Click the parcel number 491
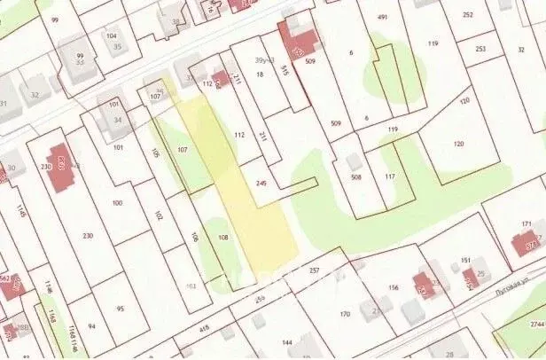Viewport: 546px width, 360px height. pos(383,18)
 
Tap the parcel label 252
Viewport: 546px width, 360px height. pos(468,15)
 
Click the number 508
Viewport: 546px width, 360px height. pos(356,177)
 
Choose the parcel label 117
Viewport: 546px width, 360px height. pos(390,176)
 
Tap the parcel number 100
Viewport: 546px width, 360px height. pos(117,203)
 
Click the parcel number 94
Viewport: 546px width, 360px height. pos(91,326)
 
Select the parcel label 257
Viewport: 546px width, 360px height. pos(314,270)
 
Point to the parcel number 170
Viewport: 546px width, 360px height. pos(344,314)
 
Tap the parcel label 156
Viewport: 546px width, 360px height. pos(394,288)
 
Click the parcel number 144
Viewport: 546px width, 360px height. pos(286,341)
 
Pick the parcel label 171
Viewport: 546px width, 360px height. pos(526,224)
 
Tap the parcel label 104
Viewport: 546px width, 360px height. pos(112,35)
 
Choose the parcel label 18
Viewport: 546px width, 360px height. pos(261,75)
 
